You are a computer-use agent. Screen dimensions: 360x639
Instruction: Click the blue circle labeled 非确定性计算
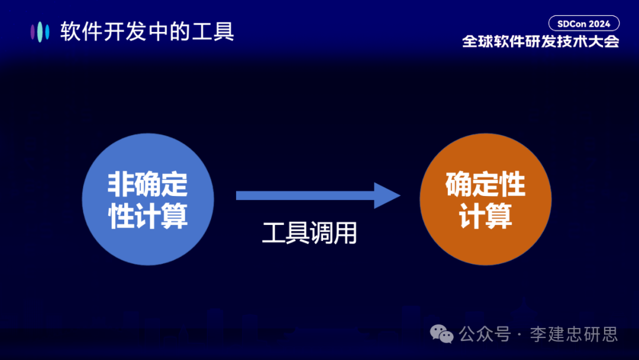click(x=147, y=199)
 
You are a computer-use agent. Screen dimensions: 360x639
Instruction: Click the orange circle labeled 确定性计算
click(x=485, y=199)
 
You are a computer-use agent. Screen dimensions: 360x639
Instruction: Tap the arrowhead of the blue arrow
click(x=388, y=195)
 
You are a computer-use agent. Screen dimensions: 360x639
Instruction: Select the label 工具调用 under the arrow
click(x=309, y=233)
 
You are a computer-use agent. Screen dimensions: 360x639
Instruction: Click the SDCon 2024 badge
click(x=583, y=24)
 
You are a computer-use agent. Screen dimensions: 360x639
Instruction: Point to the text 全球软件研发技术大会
click(x=540, y=43)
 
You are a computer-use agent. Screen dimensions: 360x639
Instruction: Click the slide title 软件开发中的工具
click(x=147, y=31)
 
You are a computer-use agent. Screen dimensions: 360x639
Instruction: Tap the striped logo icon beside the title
click(x=40, y=31)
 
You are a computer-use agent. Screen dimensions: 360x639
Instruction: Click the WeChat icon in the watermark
click(x=442, y=334)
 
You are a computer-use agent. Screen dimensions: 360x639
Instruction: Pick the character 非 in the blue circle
click(x=120, y=185)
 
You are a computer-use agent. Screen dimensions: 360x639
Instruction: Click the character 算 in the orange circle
click(x=499, y=216)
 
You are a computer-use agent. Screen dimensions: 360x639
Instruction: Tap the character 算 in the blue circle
click(x=174, y=216)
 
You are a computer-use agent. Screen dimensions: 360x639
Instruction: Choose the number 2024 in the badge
click(x=599, y=24)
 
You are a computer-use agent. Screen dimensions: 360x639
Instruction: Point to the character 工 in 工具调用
click(x=274, y=233)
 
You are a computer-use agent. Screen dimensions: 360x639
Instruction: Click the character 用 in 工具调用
click(x=346, y=233)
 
